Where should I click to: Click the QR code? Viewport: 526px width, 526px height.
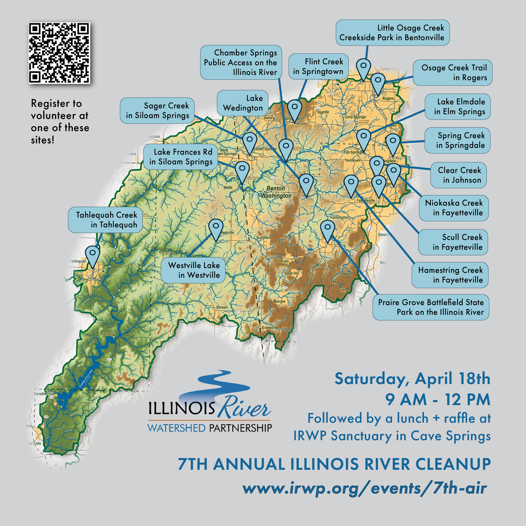(59, 53)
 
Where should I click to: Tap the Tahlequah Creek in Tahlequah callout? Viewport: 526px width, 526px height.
(105, 220)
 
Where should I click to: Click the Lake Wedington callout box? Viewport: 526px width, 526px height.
(243, 103)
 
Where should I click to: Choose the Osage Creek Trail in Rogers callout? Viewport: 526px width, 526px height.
(453, 72)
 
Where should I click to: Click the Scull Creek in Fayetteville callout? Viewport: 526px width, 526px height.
(453, 242)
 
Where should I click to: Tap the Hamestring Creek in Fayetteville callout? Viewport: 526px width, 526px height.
(450, 275)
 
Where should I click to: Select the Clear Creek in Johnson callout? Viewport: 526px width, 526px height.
(458, 175)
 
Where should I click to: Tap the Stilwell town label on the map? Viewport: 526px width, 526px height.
(222, 307)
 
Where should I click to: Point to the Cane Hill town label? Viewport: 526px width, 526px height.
(292, 273)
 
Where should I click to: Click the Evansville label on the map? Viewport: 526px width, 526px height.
(270, 328)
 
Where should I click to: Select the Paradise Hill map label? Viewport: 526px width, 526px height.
(44, 394)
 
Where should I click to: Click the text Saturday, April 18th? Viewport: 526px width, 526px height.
(412, 379)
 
